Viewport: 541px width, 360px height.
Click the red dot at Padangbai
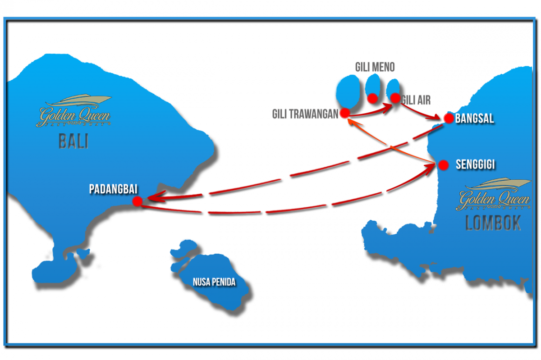point(138,201)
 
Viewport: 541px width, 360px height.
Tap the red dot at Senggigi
point(443,165)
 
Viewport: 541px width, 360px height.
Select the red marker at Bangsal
point(448,118)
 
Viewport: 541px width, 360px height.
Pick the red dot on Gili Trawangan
point(345,113)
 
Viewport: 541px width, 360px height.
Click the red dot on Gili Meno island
point(372,98)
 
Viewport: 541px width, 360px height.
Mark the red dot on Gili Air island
point(395,97)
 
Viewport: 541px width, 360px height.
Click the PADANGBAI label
point(113,189)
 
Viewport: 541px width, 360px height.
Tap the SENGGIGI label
point(475,165)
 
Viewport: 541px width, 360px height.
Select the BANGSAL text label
point(474,119)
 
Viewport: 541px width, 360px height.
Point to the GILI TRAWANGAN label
point(305,114)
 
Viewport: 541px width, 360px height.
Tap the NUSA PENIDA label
point(214,283)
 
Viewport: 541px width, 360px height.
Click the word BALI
point(73,142)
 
